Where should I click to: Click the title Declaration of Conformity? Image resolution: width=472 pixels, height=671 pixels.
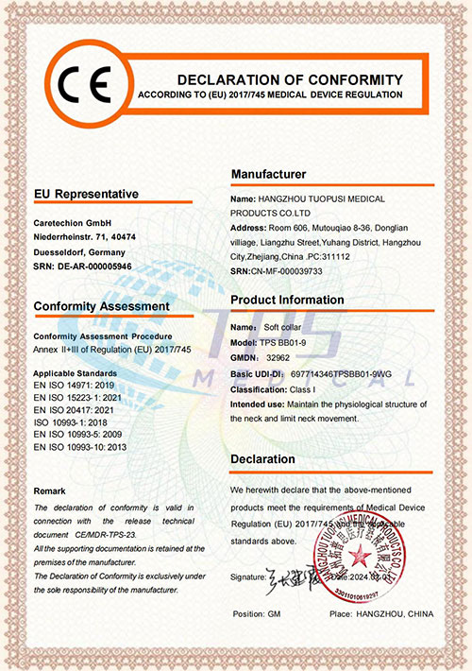(x=290, y=78)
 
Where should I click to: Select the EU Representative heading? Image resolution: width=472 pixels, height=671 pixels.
(x=86, y=194)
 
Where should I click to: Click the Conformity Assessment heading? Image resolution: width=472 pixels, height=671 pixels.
(x=101, y=306)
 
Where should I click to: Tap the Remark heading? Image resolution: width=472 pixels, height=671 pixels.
(x=50, y=491)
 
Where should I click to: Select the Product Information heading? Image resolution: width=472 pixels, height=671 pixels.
(x=287, y=300)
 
